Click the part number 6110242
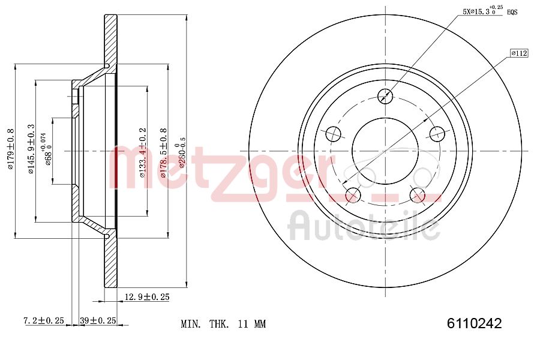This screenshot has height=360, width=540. pyautogui.click(x=474, y=323)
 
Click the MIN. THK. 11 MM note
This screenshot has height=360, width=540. pyautogui.click(x=223, y=324)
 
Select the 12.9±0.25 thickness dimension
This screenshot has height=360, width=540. pyautogui.click(x=146, y=297)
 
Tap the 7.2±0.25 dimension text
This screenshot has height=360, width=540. pyautogui.click(x=43, y=321)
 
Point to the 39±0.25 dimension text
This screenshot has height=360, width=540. pyautogui.click(x=98, y=321)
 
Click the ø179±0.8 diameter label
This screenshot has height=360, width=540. pyautogui.click(x=10, y=149)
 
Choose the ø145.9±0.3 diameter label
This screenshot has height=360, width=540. pyautogui.click(x=31, y=149)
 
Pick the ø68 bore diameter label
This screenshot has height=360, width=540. pyautogui.click(x=47, y=149)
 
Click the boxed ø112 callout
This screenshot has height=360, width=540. pyautogui.click(x=519, y=53)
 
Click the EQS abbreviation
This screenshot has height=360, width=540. pyautogui.click(x=512, y=12)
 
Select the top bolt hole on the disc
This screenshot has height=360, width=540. pyautogui.click(x=385, y=95)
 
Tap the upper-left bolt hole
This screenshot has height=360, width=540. pyautogui.click(x=333, y=133)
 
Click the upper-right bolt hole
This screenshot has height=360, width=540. pyautogui.click(x=437, y=133)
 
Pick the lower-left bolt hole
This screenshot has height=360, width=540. pyautogui.click(x=353, y=194)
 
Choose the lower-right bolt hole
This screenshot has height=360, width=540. pyautogui.click(x=417, y=194)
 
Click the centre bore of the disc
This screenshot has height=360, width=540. pyautogui.click(x=385, y=150)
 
